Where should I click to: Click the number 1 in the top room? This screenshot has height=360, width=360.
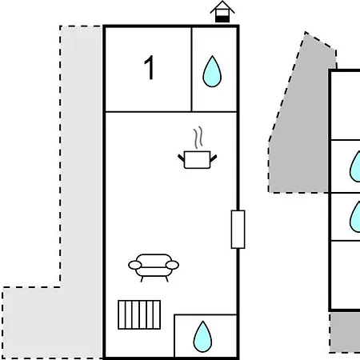tap(150, 67)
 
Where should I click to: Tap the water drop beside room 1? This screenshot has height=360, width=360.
tap(212, 71)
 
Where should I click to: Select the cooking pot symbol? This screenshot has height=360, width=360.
tap(198, 160)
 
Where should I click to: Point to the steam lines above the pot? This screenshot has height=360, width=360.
tap(198, 138)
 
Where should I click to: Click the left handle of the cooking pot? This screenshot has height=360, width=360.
tap(181, 158)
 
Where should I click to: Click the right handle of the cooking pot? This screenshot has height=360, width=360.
tap(214, 158)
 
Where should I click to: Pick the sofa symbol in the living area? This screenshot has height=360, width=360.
tap(154, 267)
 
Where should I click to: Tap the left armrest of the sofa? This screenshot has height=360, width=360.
tap(135, 265)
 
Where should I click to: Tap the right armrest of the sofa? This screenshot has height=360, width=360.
tap(172, 265)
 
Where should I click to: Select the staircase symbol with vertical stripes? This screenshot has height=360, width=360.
tap(139, 314)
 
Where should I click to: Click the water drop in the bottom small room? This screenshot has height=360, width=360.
tap(202, 337)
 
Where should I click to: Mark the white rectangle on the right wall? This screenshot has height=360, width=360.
tap(238, 230)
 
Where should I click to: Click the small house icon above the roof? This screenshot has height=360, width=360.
tap(222, 12)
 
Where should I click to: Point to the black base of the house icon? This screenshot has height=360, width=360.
tap(222, 19)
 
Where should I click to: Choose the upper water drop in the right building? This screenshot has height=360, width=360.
tap(355, 166)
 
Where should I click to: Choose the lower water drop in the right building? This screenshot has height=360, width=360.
tap(355, 217)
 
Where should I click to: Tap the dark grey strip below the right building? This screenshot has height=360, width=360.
tap(345, 332)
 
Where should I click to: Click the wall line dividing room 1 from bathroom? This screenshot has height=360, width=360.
tap(191, 70)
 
